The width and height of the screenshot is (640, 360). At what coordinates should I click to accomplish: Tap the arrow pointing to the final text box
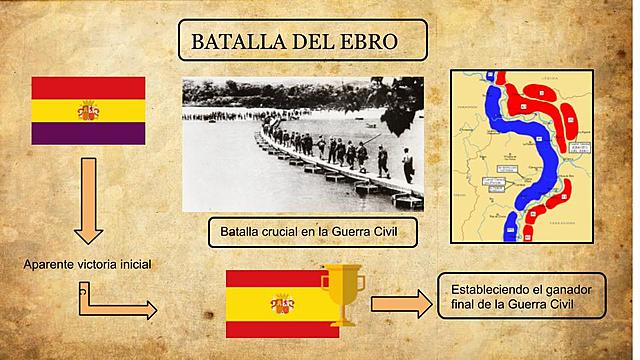click(400, 304)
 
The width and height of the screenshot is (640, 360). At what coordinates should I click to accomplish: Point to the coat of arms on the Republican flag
click(89, 111)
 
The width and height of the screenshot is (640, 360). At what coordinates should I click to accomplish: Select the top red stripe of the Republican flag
click(89, 88)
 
